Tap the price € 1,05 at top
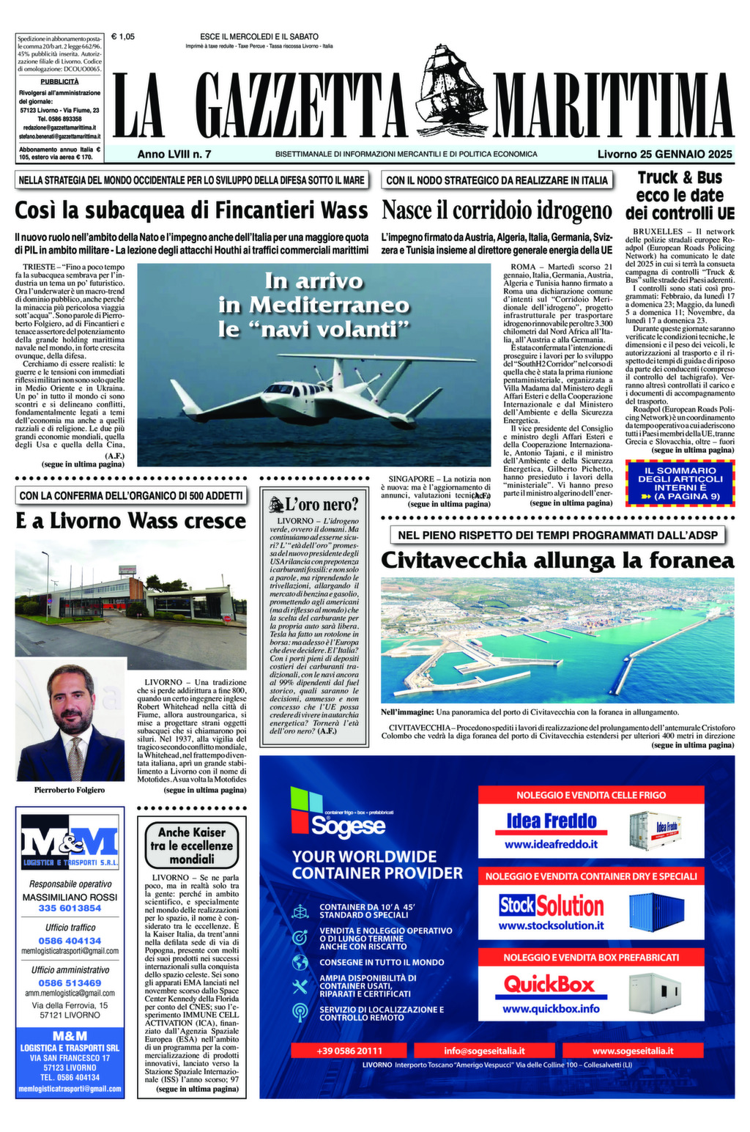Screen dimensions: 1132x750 (123, 37)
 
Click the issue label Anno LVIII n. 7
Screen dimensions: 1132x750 (174, 155)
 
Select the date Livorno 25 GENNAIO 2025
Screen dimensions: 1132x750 (664, 155)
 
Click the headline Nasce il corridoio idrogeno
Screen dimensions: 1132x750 (497, 210)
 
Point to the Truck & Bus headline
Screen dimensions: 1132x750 (679, 196)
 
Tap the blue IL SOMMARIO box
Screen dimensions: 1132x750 (680, 484)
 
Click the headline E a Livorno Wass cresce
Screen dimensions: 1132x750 (131, 521)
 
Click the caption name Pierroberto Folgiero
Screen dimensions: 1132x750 (70, 790)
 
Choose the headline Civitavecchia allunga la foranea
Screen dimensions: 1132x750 (557, 561)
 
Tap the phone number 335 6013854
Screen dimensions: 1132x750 (70, 909)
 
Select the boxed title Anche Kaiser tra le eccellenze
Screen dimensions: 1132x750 (192, 846)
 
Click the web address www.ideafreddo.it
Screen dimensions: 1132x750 (551, 844)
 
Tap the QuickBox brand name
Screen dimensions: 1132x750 (550, 984)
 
